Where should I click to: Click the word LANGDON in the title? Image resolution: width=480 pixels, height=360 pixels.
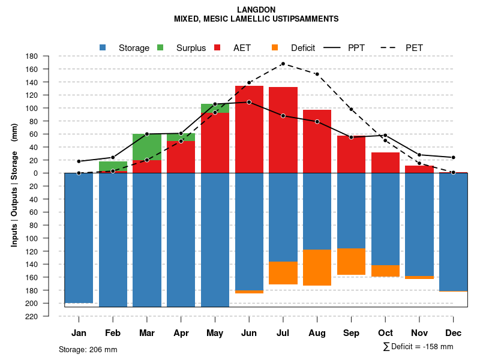[x=256, y=10]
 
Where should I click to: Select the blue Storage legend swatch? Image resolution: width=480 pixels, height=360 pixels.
[x=103, y=47]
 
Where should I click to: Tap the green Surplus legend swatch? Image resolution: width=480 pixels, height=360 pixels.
[x=160, y=47]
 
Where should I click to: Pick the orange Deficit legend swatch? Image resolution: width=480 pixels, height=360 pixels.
[x=275, y=47]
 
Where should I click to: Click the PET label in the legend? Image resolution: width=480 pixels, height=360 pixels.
[x=414, y=47]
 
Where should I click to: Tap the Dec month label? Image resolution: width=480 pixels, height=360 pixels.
[x=454, y=333]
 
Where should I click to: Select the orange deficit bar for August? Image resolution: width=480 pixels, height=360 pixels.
[x=317, y=267]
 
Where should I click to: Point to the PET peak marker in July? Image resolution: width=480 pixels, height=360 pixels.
[x=283, y=64]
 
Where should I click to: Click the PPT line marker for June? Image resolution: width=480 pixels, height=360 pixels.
[x=249, y=102]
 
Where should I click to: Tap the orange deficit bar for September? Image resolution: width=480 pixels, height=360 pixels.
[x=352, y=262]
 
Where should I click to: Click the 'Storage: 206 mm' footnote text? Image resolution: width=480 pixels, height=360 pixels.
[x=88, y=349]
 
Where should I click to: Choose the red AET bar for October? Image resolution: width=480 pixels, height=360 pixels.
[x=385, y=163]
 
